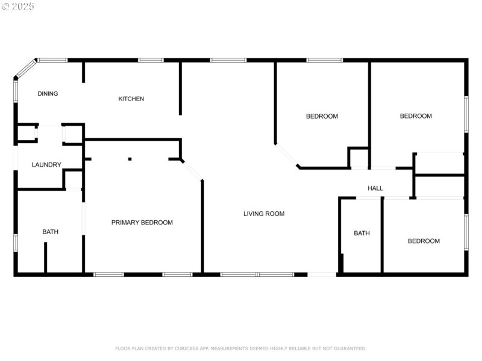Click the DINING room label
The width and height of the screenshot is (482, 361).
click(48, 94)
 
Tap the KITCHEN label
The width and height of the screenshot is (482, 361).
click(131, 99)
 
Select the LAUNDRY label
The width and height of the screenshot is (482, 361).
click(46, 165)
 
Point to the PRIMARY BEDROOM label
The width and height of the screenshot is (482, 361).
click(142, 223)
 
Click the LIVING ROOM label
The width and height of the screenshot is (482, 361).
click(264, 214)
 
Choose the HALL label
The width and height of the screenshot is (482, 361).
click(375, 188)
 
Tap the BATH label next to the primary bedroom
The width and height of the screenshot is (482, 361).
click(51, 232)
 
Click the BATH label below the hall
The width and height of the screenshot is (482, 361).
click(361, 233)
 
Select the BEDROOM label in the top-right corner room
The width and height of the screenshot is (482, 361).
click(416, 116)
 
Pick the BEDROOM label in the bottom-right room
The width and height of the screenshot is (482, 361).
click(424, 241)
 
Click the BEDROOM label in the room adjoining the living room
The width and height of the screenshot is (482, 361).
click(322, 116)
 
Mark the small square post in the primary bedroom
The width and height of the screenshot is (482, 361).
click(130, 159)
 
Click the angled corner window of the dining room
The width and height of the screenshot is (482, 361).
click(25, 69)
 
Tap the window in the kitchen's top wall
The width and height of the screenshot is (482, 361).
click(151, 60)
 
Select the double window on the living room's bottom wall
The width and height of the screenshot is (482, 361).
click(257, 274)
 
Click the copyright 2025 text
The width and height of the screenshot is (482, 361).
click(18, 7)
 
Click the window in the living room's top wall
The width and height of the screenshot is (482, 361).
click(228, 60)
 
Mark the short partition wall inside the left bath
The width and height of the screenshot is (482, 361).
click(45, 257)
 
